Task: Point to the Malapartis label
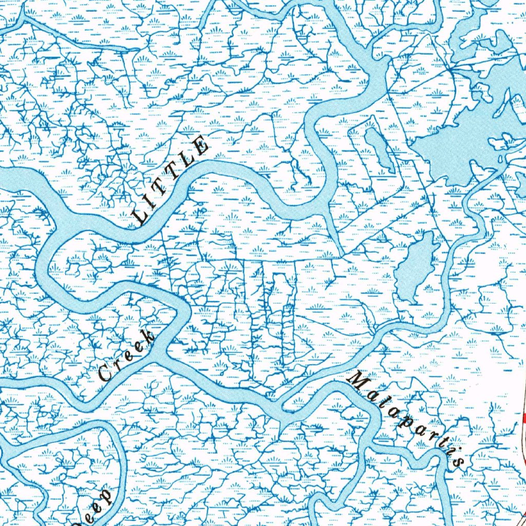click(406, 419)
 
